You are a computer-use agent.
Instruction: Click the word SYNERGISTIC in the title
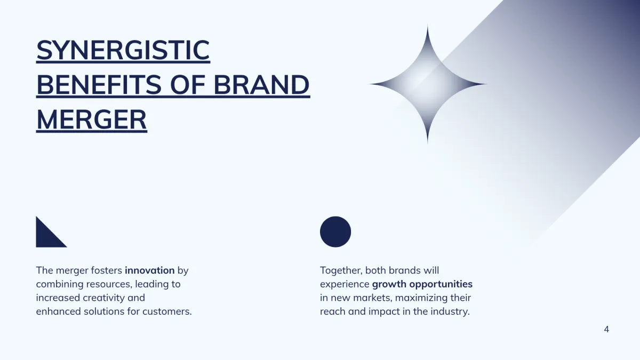123,50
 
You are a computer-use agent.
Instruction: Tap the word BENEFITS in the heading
99,85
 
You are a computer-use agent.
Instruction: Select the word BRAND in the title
262,85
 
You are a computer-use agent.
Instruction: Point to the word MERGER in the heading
92,119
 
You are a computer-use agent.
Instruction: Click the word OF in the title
188,85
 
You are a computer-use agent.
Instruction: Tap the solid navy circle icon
335,231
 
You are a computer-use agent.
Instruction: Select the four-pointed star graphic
428,84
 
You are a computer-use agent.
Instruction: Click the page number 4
606,330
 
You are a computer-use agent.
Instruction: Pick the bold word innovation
150,270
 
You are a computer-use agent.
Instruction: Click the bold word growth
389,284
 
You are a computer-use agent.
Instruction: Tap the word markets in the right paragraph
372,298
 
